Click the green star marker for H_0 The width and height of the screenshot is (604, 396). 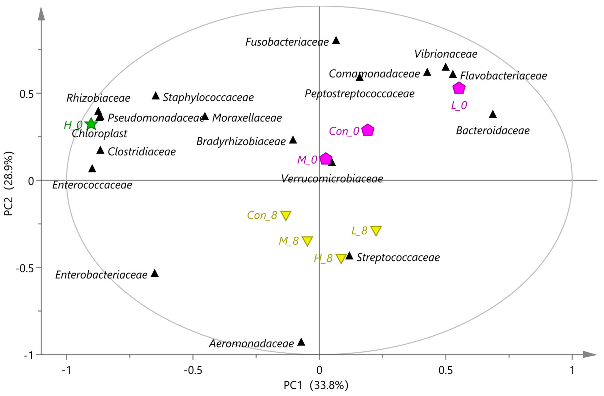tap(91, 124)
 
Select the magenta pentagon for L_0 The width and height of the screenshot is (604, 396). tap(459, 88)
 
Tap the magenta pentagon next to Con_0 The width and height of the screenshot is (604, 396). tap(368, 130)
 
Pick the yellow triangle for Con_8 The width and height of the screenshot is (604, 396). tap(286, 215)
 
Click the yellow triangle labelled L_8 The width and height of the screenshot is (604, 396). tap(376, 231)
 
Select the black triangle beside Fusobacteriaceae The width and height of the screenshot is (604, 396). tap(336, 40)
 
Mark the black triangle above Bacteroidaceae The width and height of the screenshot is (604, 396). tap(493, 114)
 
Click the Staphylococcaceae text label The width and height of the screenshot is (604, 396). tap(208, 98)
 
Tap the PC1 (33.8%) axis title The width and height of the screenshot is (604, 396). tap(316, 385)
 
